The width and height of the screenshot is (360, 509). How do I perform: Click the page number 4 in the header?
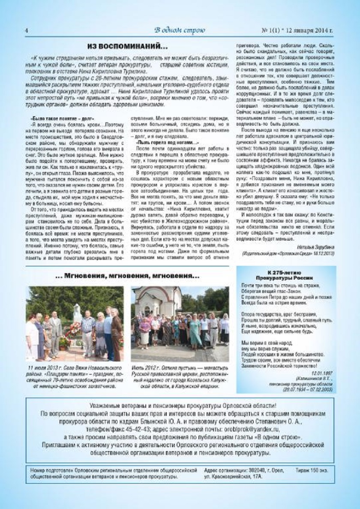coord(27,30)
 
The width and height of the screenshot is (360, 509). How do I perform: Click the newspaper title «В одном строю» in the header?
coord(180,30)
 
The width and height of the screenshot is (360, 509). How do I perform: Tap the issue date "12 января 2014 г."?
coord(311,30)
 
